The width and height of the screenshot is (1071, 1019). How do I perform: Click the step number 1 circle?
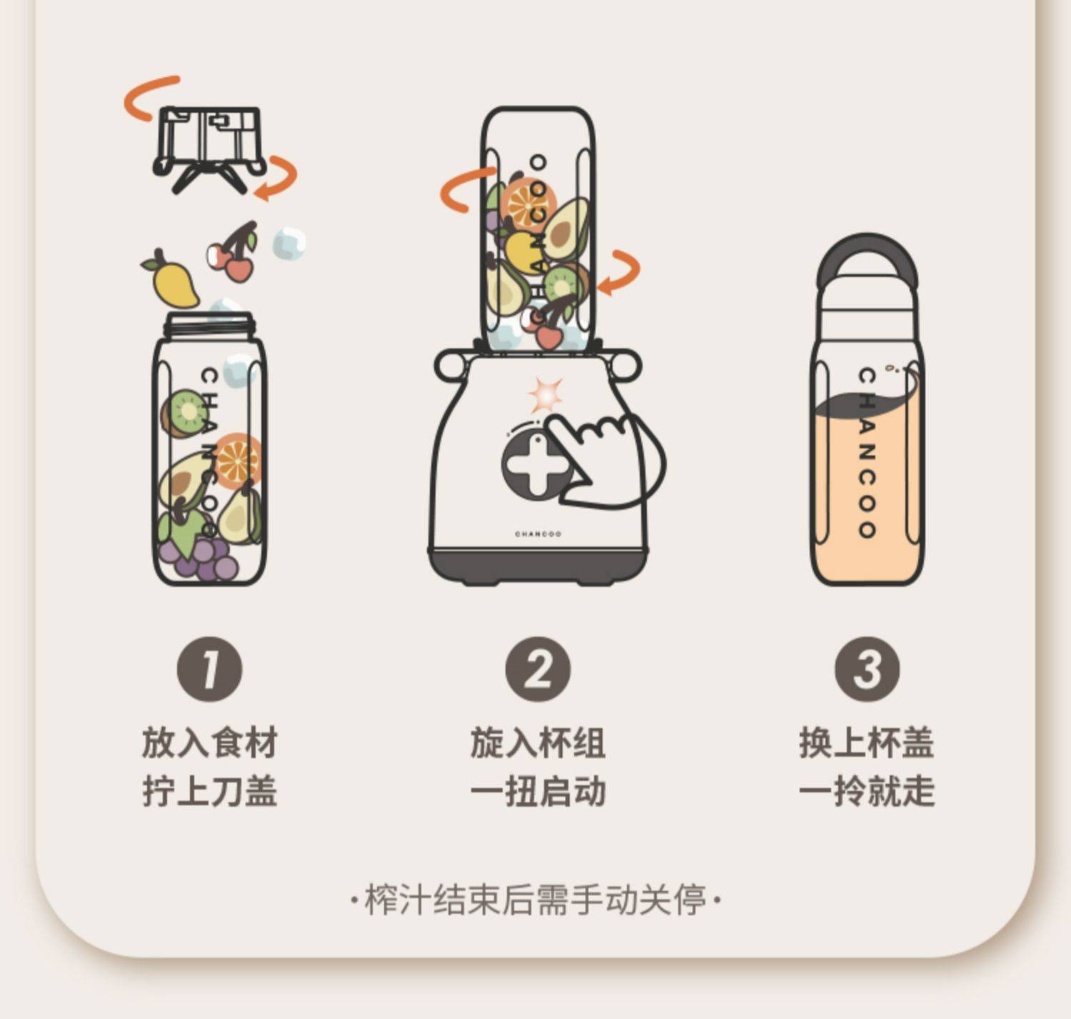click(x=210, y=669)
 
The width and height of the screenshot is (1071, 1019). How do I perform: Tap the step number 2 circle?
click(x=538, y=669)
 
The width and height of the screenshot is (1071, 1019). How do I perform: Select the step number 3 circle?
click(x=868, y=669)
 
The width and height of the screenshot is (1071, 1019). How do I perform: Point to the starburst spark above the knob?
click(x=545, y=394)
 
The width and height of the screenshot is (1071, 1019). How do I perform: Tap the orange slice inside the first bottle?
click(x=238, y=461)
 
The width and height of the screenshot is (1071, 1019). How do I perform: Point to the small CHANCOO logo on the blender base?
click(x=538, y=534)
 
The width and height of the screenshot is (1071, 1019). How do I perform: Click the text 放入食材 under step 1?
click(x=210, y=742)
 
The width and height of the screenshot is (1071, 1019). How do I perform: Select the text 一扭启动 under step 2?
click(x=538, y=791)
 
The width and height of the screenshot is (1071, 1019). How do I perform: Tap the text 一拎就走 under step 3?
click(x=868, y=791)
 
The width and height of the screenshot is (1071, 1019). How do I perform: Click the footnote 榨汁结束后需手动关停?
click(x=536, y=900)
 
